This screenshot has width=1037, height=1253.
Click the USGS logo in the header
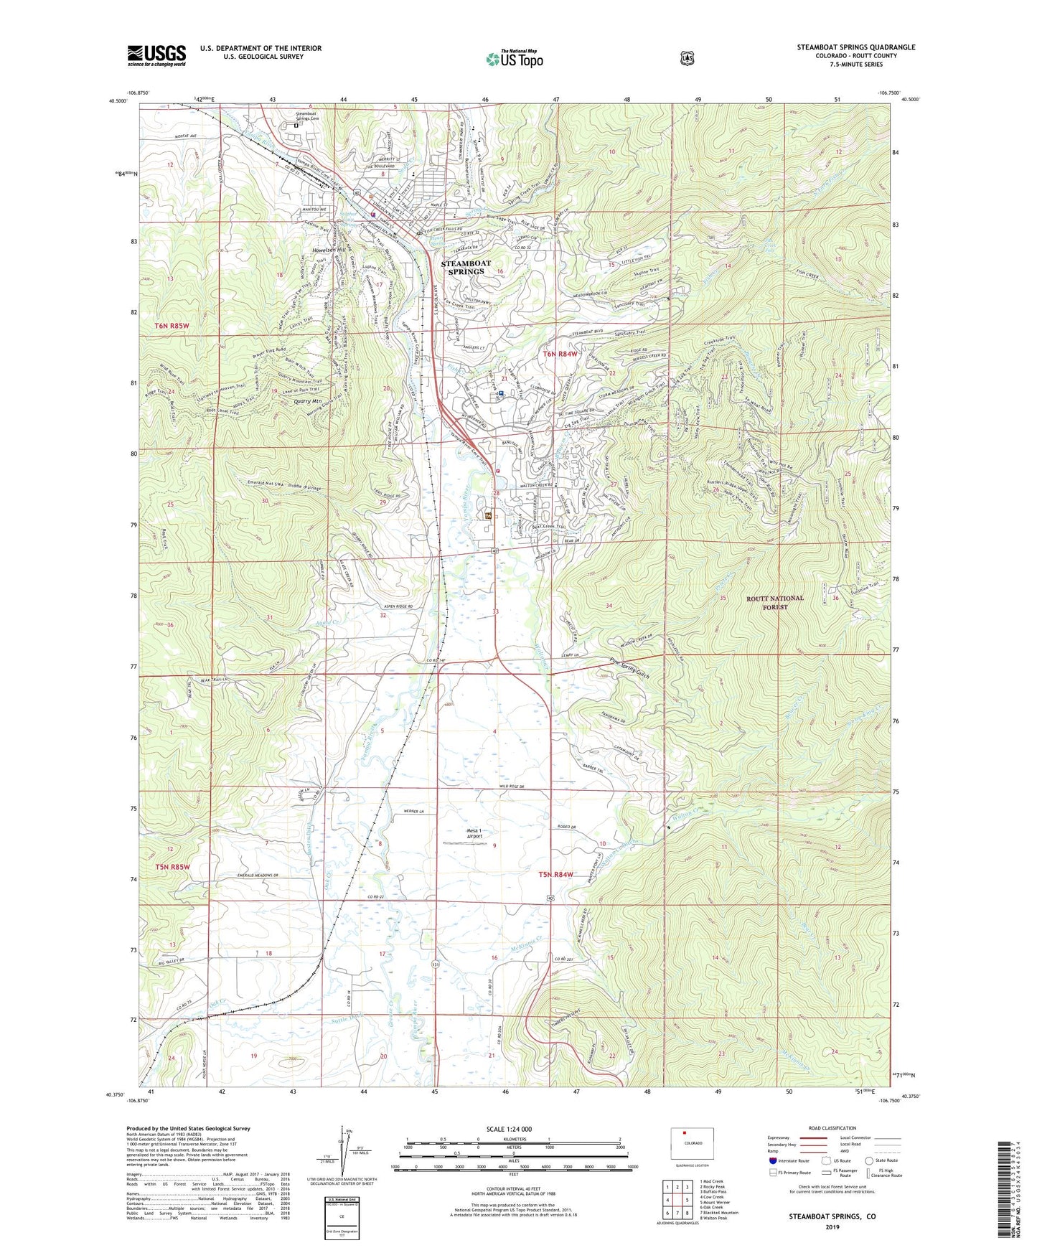point(156,55)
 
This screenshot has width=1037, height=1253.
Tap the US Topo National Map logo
point(514,59)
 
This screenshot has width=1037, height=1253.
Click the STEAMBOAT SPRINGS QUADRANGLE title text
point(855,47)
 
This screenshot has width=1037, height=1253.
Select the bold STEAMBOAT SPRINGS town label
point(465,268)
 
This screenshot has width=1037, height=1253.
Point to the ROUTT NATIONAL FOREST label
point(775,602)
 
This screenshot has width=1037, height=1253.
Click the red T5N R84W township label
point(556,874)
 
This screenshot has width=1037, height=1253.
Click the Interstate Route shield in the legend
point(772,1160)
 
